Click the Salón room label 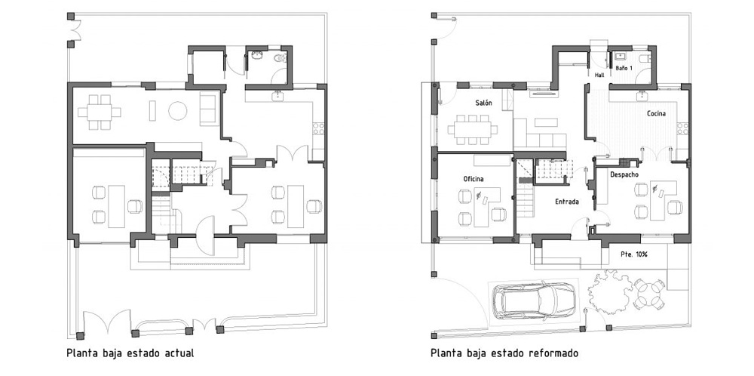click(483, 103)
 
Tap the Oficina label click(474, 179)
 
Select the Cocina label click(656, 113)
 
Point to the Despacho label click(624, 174)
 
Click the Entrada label click(567, 202)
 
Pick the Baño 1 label click(624, 69)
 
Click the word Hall click(599, 75)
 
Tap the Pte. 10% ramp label click(635, 254)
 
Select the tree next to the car click(610, 291)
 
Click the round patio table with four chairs click(648, 294)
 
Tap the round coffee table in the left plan click(177, 110)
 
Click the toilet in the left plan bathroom click(280, 58)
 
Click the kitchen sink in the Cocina click(642, 97)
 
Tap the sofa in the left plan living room click(209, 109)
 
